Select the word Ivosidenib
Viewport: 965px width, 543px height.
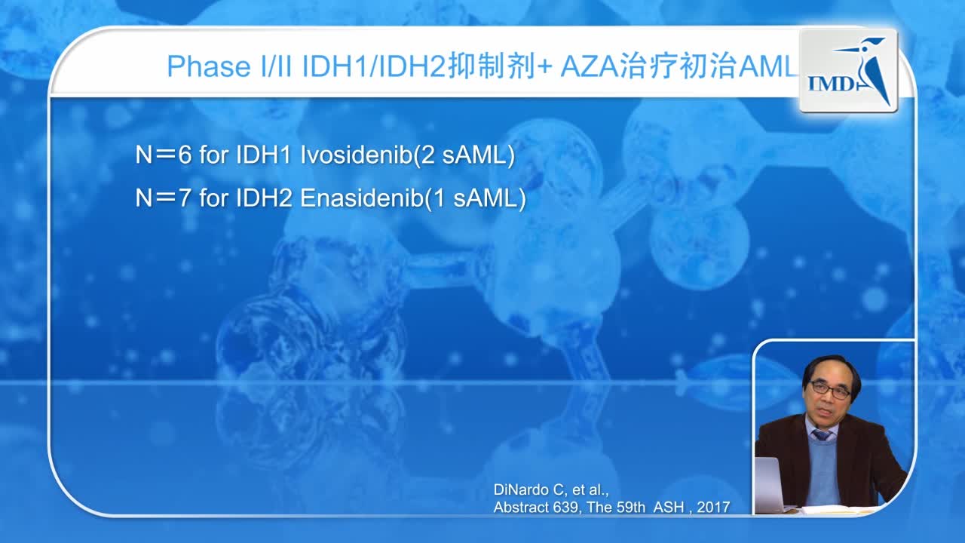(x=354, y=155)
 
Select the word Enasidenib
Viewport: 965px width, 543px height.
(x=361, y=199)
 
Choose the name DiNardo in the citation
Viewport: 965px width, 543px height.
(x=521, y=490)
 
